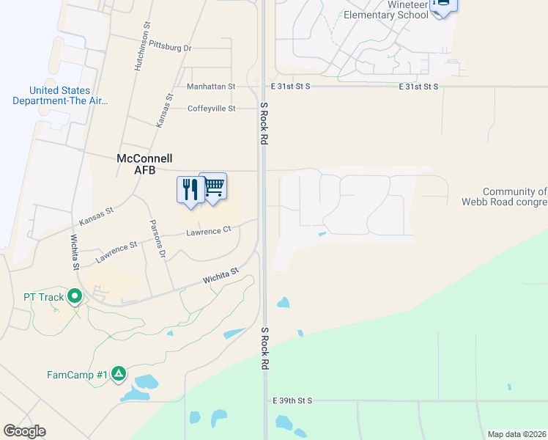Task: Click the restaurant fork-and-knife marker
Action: pos(190,190)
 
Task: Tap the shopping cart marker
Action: pos(213,187)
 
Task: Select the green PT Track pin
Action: pos(74,297)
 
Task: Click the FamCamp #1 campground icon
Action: pos(119,374)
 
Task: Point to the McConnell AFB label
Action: pos(144,164)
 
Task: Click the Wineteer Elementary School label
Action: pos(385,10)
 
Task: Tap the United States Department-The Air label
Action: pos(60,95)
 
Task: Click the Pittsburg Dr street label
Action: pos(169,47)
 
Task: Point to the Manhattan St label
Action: pos(211,86)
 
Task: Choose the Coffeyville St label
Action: pos(212,109)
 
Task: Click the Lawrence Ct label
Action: pos(208,230)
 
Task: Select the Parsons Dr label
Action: pos(158,239)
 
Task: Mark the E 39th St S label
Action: pos(292,400)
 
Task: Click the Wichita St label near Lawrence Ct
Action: pos(221,276)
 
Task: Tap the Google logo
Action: pos(24,431)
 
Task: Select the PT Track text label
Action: pos(33,297)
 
